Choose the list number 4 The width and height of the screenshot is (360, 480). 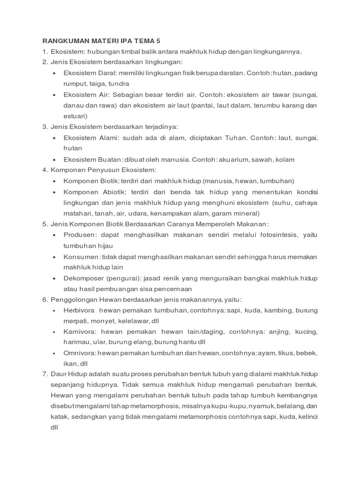(x=45, y=170)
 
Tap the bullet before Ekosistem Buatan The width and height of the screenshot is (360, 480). (x=55, y=159)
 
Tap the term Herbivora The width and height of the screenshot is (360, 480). (x=79, y=310)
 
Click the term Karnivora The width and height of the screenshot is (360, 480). (x=79, y=331)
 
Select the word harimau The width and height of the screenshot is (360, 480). (x=76, y=342)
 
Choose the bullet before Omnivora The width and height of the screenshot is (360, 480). (x=55, y=352)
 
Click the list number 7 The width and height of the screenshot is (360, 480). (x=45, y=374)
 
